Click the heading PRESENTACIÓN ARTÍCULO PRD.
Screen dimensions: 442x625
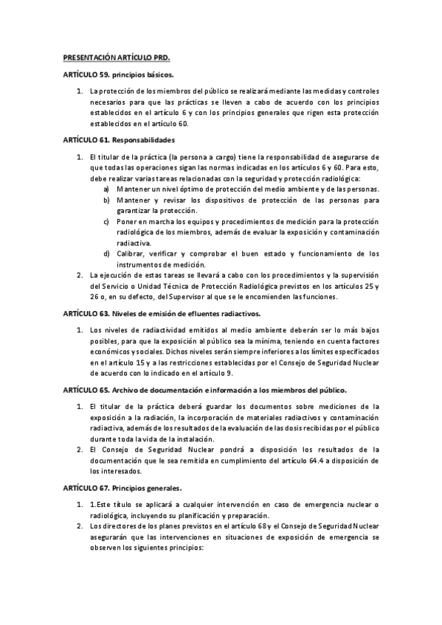tap(117, 57)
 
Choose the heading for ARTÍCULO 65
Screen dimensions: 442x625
tap(204, 388)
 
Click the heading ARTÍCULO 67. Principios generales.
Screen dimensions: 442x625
tap(122, 488)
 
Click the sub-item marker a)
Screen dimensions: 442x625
tap(108, 189)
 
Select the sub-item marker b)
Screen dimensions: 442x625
tap(108, 200)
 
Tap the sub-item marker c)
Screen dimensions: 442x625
tap(108, 221)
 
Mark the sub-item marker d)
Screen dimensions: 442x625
tap(108, 254)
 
